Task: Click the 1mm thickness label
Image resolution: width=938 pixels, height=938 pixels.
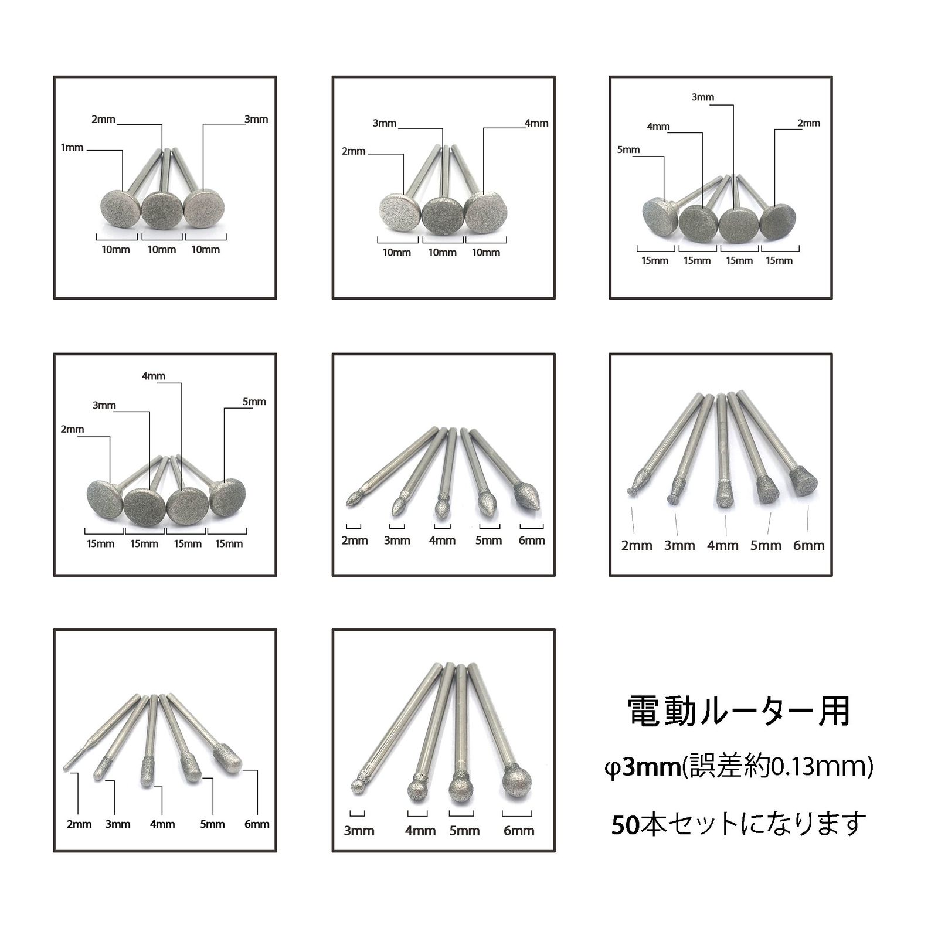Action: (x=72, y=148)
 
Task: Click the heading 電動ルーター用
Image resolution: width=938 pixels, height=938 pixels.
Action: (x=739, y=711)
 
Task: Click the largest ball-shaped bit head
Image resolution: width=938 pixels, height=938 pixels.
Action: (x=516, y=783)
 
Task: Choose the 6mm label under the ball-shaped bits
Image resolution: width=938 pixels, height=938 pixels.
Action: (x=519, y=831)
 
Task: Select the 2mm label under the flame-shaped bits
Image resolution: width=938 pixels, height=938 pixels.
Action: (x=355, y=541)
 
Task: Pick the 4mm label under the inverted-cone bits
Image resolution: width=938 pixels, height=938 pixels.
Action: (x=723, y=546)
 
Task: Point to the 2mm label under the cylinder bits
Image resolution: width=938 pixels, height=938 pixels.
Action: (x=79, y=824)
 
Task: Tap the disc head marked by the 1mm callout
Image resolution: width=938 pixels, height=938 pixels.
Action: (x=120, y=208)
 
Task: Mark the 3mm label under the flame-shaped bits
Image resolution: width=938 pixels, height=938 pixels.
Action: (x=397, y=541)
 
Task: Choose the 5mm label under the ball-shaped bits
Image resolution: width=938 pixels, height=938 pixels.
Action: (x=464, y=831)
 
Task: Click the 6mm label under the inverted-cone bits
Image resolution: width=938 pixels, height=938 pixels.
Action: (x=809, y=546)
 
